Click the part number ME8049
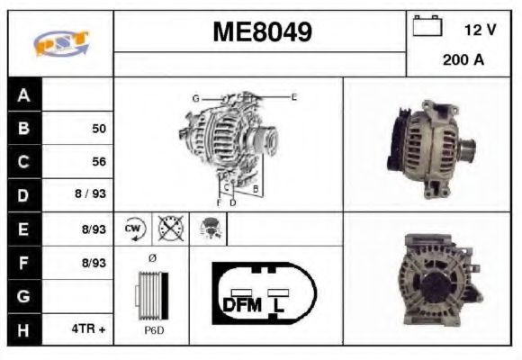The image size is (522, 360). click(x=262, y=32)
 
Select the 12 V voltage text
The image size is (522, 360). click(x=480, y=30)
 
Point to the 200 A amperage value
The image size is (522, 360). click(x=463, y=60)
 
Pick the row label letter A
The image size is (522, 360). click(x=23, y=95)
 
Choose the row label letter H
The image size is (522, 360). click(x=23, y=329)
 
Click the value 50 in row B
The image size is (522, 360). click(x=99, y=129)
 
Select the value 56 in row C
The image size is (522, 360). click(x=99, y=162)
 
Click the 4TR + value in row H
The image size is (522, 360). click(x=89, y=329)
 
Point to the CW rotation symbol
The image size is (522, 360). click(x=134, y=229)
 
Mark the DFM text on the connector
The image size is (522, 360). click(x=241, y=304)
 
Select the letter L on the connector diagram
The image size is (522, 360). click(x=280, y=304)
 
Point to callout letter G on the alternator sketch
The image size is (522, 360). click(x=194, y=97)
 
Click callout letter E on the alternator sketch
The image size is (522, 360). click(x=293, y=95)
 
